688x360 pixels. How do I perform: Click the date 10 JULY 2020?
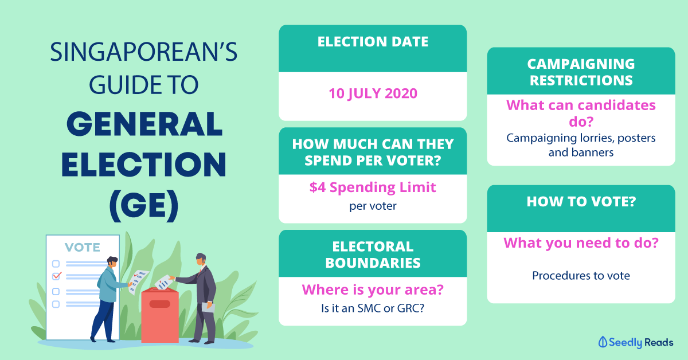coord(373,93)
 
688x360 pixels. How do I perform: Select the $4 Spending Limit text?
coord(373,187)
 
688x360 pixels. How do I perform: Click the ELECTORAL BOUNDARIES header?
coord(373,255)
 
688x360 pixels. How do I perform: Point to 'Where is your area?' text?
coord(373,289)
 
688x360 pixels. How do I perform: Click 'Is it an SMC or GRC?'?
coord(373,308)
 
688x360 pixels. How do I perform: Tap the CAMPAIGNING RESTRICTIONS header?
coord(581,71)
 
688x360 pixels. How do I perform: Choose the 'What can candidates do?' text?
coord(581,114)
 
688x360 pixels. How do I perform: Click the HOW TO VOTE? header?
coord(581,202)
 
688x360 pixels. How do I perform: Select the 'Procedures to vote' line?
coord(581,276)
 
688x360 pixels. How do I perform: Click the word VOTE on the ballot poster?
coord(82,247)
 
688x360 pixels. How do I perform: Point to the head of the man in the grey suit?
coord(201,260)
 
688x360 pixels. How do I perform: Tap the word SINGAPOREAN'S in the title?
coord(143,53)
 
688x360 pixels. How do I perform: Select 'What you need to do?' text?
coord(581,243)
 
